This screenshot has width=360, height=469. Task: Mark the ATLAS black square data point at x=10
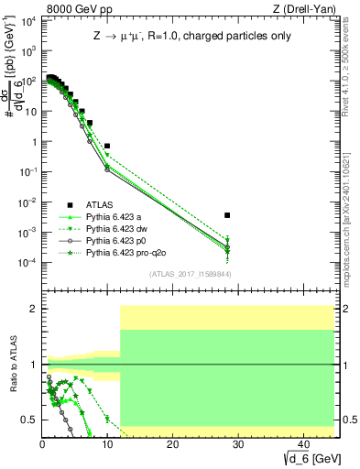click(x=107, y=146)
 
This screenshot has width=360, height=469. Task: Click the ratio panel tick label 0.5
click(x=29, y=420)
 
